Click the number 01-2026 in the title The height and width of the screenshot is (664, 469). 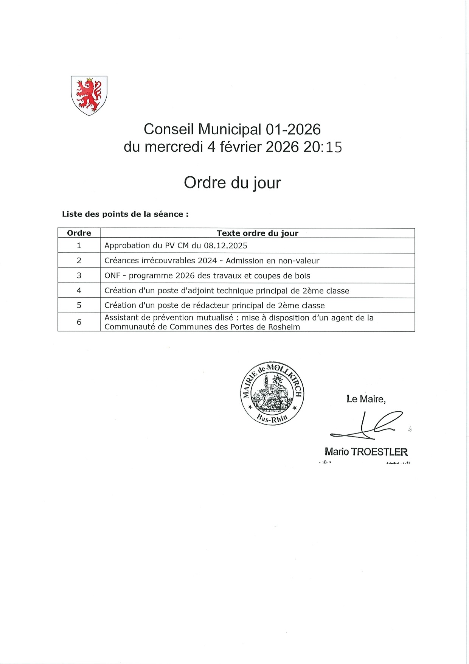[293, 129]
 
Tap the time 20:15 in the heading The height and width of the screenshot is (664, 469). [323, 147]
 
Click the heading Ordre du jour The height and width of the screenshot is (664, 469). [232, 183]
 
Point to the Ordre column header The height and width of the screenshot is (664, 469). [79, 233]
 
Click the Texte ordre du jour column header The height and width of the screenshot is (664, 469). [257, 233]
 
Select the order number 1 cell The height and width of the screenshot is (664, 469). [79, 246]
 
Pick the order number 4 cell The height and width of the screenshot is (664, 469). [79, 291]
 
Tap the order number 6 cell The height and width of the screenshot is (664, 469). [79, 322]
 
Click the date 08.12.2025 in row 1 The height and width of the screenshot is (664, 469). [225, 246]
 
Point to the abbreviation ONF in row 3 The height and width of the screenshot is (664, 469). [112, 276]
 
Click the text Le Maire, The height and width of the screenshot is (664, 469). [366, 399]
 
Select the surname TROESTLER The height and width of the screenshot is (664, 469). [379, 452]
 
